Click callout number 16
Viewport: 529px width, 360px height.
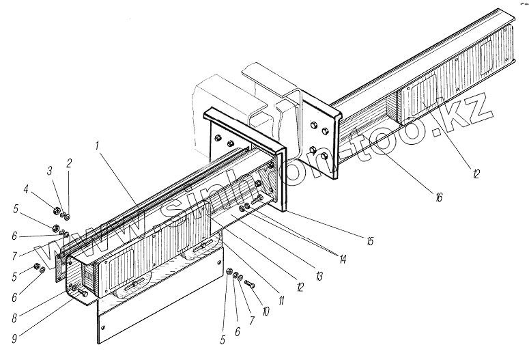(x=438, y=197)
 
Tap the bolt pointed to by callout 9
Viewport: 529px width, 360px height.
(x=79, y=292)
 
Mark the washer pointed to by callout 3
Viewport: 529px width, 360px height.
(x=62, y=213)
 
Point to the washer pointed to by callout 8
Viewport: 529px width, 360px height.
(x=70, y=289)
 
